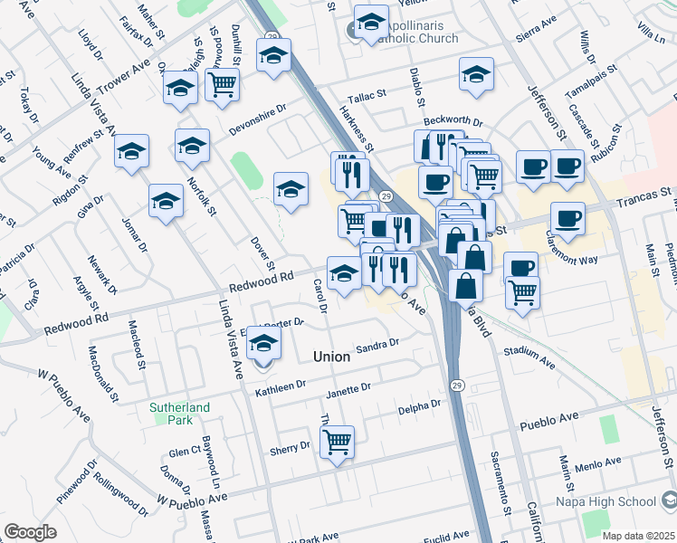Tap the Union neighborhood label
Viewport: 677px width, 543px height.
331,357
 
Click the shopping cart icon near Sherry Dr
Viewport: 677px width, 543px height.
337,442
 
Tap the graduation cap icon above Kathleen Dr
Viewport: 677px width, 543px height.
263,344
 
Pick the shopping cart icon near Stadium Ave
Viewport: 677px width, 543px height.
522,292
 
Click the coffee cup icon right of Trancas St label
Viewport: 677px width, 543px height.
567,218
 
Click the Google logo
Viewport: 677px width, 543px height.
30,531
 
